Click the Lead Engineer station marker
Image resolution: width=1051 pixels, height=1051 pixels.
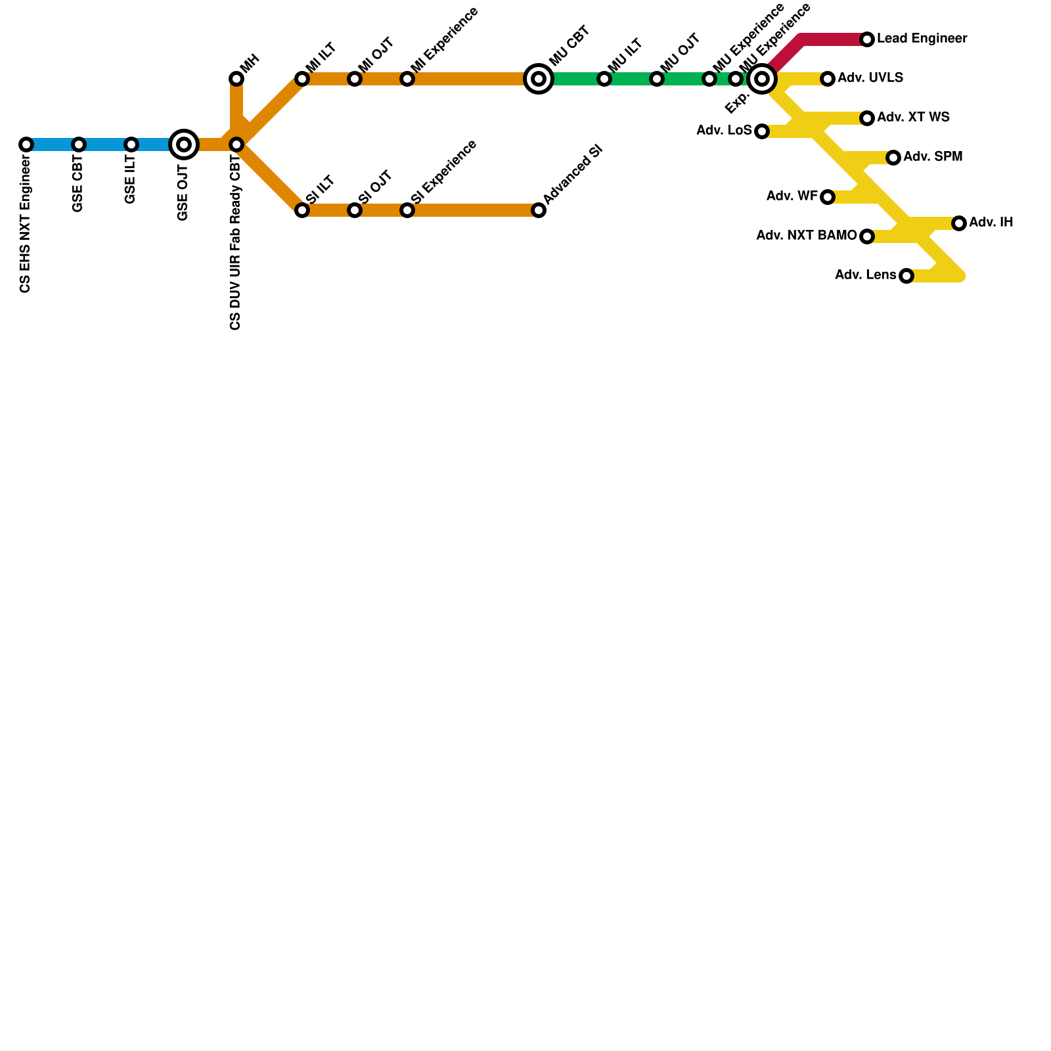click(x=867, y=39)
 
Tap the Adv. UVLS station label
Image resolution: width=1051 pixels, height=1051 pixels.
click(x=870, y=78)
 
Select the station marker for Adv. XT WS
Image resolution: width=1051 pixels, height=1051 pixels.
click(x=867, y=118)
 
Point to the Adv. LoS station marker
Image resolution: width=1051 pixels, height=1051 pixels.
click(x=762, y=131)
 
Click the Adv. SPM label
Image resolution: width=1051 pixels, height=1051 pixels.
click(x=932, y=157)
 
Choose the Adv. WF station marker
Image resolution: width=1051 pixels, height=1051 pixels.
click(x=828, y=197)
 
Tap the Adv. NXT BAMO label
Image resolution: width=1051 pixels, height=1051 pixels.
click(x=806, y=236)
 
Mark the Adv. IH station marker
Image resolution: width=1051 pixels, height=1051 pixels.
click(x=959, y=223)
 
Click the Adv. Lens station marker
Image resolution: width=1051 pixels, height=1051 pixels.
click(x=906, y=276)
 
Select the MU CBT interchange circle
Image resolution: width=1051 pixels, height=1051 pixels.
click(x=539, y=79)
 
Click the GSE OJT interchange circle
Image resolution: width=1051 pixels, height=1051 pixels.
click(x=184, y=145)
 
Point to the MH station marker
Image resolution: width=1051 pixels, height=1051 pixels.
click(x=236, y=79)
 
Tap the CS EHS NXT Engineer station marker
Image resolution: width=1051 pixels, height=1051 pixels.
click(x=26, y=145)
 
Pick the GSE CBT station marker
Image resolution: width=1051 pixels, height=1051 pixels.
click(x=79, y=145)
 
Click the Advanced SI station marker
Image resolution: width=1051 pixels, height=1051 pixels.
click(x=539, y=210)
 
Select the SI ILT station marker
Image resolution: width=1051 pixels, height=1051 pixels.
click(x=302, y=210)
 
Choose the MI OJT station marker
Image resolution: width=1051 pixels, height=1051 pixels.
click(x=355, y=79)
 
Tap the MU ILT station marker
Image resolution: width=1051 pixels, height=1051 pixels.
click(x=604, y=79)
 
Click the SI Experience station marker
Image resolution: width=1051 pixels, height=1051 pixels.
click(x=407, y=210)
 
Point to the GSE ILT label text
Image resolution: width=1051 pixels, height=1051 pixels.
click(x=130, y=181)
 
